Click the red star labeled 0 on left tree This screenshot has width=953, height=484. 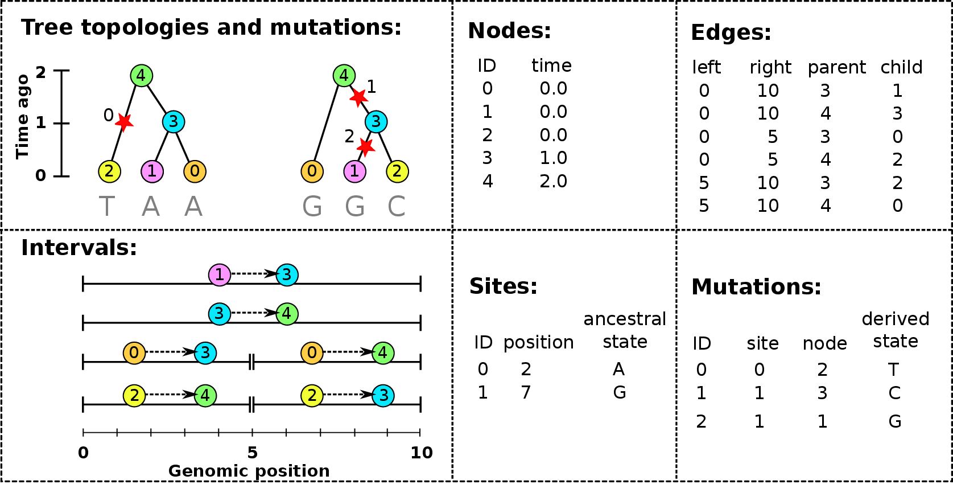(x=124, y=121)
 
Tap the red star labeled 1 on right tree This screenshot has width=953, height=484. (x=358, y=97)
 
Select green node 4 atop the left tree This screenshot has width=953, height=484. (x=141, y=75)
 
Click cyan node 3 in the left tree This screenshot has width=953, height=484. (x=173, y=121)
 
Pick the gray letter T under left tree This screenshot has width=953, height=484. (x=107, y=207)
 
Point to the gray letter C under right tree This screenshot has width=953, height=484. (x=397, y=207)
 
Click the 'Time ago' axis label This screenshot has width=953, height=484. (x=22, y=116)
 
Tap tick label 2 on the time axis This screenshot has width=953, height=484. (x=40, y=72)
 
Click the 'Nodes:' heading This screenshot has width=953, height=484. (x=509, y=31)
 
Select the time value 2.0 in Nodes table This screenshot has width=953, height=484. (x=553, y=182)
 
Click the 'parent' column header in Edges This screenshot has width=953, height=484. (x=836, y=68)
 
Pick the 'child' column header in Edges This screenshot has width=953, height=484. (x=901, y=67)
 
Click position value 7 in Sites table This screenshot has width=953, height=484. (x=526, y=392)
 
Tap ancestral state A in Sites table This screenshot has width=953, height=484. (x=619, y=370)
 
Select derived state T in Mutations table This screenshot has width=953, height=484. (x=894, y=370)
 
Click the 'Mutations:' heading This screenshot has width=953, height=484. (x=756, y=287)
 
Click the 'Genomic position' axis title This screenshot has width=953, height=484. (x=249, y=471)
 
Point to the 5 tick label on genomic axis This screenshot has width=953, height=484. (x=252, y=453)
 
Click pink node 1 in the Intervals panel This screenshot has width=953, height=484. (x=219, y=275)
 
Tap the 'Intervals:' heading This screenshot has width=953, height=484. (x=79, y=248)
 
